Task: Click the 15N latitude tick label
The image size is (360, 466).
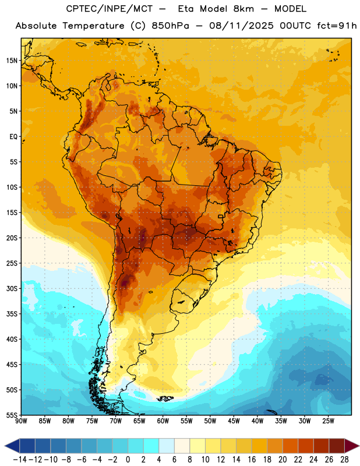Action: (x=12, y=61)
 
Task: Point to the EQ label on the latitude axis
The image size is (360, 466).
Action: (x=13, y=137)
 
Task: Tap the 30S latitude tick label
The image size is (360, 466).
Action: (x=12, y=288)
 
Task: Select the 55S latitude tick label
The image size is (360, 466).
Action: (x=12, y=415)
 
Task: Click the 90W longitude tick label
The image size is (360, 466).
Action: (x=21, y=421)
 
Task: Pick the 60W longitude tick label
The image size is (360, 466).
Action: (x=163, y=421)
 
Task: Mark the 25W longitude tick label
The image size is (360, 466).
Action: (x=328, y=421)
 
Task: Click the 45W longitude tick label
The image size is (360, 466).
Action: (x=234, y=421)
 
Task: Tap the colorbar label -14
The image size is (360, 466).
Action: (x=20, y=460)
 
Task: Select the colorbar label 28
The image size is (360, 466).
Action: (x=344, y=460)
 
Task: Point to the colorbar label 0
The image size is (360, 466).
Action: (x=128, y=460)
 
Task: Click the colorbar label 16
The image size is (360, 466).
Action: (x=252, y=460)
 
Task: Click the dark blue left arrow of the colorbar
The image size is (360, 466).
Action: (x=12, y=446)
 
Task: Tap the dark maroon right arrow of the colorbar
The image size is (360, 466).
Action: (x=352, y=446)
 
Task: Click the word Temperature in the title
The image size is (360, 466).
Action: (x=93, y=26)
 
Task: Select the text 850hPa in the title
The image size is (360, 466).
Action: (x=170, y=26)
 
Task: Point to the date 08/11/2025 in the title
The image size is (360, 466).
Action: (x=241, y=26)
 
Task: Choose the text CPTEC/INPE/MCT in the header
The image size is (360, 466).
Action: (x=109, y=9)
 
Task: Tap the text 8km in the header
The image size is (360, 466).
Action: (x=243, y=9)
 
